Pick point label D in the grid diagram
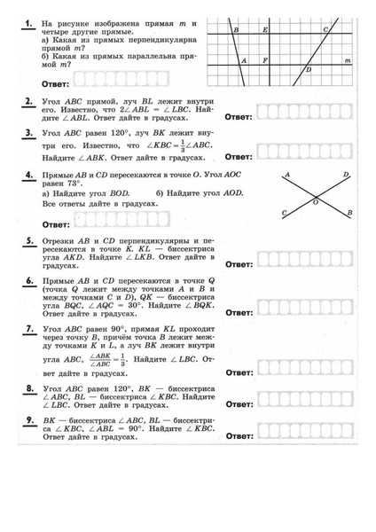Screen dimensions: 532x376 click(309, 69)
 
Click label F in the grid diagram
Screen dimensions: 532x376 click(266, 60)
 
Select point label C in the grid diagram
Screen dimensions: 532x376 click(325, 30)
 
